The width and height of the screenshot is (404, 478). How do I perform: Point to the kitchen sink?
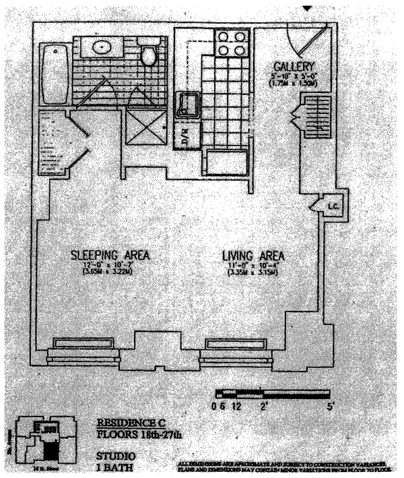(x=185, y=104)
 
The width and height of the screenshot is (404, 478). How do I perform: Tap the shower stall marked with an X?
(x=145, y=127)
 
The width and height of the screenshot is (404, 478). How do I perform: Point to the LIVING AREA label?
(x=254, y=256)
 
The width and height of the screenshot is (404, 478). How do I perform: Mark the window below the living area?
(x=236, y=345)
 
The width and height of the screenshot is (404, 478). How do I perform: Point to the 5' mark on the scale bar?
(x=328, y=406)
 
